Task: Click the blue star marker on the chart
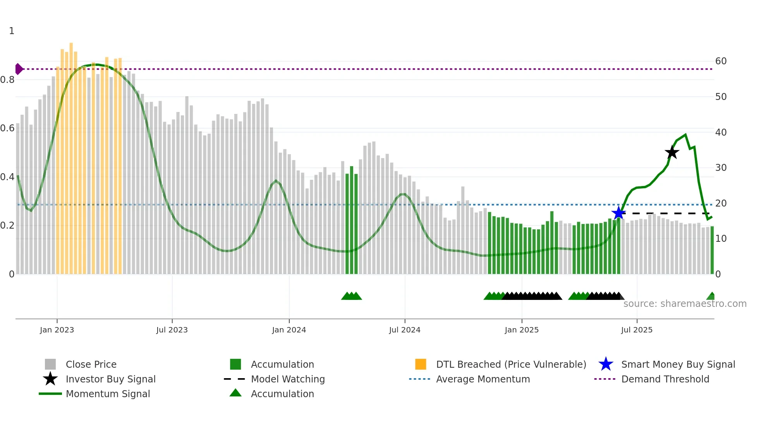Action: (x=618, y=213)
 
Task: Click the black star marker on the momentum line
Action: (x=672, y=152)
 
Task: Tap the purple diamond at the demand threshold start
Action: (x=19, y=69)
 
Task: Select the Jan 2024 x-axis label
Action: (x=289, y=330)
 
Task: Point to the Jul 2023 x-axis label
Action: (x=172, y=330)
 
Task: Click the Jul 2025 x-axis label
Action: (x=637, y=330)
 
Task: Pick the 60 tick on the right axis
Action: (x=721, y=61)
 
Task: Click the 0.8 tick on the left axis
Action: (x=8, y=80)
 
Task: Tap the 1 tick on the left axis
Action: (x=12, y=31)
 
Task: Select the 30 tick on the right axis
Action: (x=721, y=168)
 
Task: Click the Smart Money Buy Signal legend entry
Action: (x=678, y=364)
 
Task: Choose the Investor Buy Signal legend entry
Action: (x=110, y=379)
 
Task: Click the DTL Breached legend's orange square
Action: (x=421, y=364)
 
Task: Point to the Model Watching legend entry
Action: (x=288, y=379)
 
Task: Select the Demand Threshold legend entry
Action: (x=665, y=379)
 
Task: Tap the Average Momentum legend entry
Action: (x=483, y=379)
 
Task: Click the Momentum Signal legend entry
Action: (x=108, y=394)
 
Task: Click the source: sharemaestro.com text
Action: (x=685, y=304)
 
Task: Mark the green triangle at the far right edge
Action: (x=711, y=296)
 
